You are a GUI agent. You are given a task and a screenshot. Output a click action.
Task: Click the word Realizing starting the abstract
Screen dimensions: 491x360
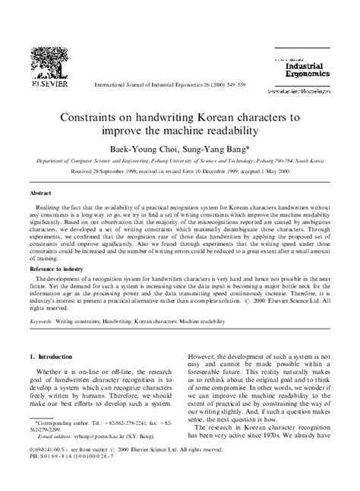coord(54,206)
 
